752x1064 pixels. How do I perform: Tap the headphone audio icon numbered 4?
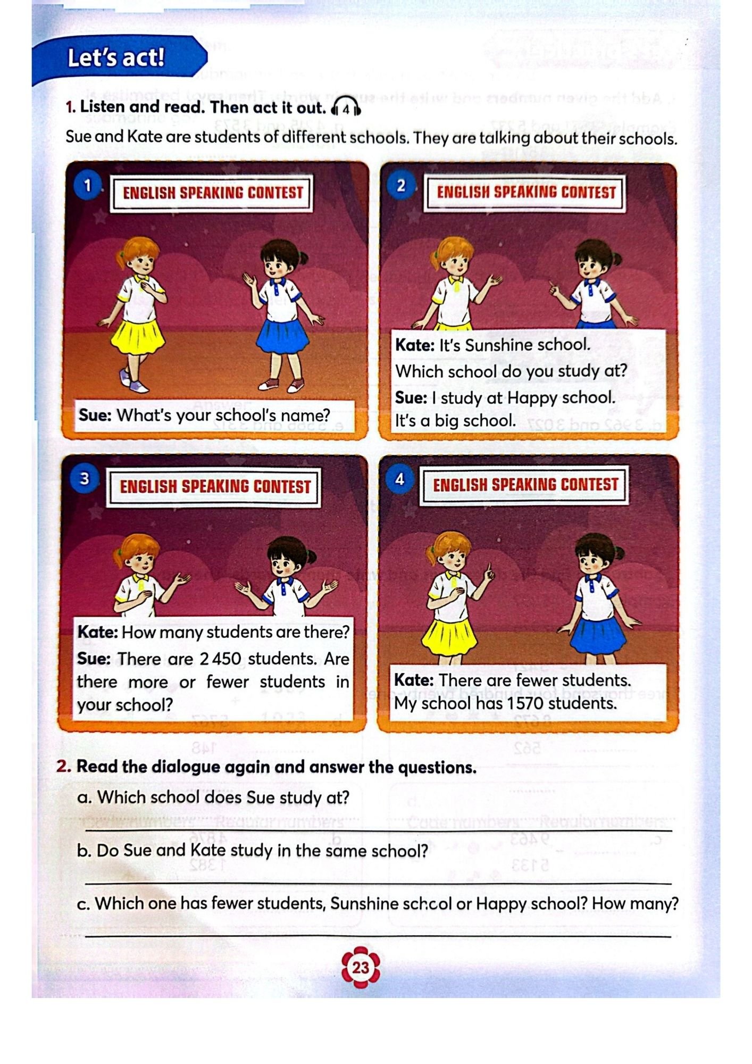(x=346, y=109)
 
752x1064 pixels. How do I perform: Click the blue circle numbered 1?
(x=88, y=186)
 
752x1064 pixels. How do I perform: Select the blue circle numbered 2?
(x=401, y=186)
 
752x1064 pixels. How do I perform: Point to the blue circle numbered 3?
(x=84, y=479)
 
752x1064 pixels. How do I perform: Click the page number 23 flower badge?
(x=360, y=967)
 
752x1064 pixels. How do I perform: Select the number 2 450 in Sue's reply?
(x=220, y=659)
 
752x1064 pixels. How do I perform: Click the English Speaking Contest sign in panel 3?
(x=214, y=486)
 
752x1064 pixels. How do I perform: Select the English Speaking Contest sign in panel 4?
(x=525, y=485)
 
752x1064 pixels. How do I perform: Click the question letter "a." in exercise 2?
(x=84, y=797)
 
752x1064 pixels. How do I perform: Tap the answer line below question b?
(x=378, y=883)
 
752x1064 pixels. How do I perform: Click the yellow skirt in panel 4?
(x=448, y=638)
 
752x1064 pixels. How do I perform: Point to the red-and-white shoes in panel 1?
(x=280, y=385)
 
